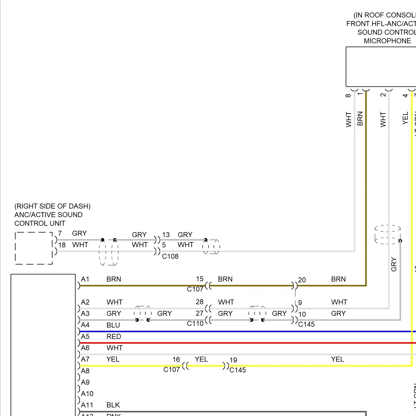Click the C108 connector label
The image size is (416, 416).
click(170, 256)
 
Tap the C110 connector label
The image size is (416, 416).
click(195, 323)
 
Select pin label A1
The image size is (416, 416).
click(85, 279)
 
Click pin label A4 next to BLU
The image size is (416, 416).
click(85, 325)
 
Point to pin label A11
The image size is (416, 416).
click(87, 405)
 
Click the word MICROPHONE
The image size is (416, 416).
click(387, 41)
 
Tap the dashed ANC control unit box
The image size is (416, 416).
click(34, 248)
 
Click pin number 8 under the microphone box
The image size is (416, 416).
click(348, 95)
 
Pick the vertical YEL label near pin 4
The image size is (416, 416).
click(405, 118)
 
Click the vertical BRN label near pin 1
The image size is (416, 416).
click(360, 118)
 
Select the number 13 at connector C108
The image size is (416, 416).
click(166, 235)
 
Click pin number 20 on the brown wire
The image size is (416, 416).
click(302, 280)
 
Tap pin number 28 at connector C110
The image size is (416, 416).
click(199, 302)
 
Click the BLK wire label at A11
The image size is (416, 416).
click(113, 405)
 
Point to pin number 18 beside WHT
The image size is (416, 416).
click(62, 245)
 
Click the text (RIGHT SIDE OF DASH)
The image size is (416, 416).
click(52, 206)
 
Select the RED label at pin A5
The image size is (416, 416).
click(114, 336)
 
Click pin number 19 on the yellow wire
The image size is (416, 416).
click(233, 360)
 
